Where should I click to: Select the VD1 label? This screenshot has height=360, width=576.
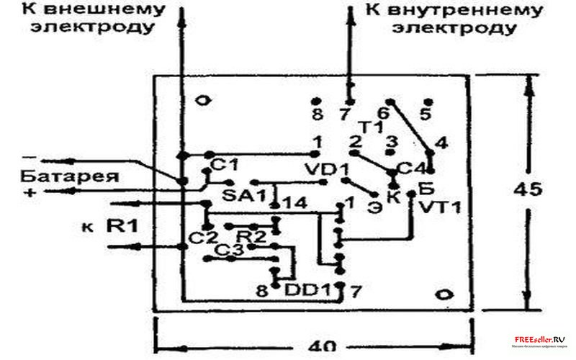point(328,171)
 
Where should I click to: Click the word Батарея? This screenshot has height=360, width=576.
point(59,176)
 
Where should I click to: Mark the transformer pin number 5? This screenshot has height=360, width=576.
point(426,114)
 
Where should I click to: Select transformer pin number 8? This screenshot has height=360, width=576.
point(316,114)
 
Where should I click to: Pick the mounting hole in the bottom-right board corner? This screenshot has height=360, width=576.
point(445,293)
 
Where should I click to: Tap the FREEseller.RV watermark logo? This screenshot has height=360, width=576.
point(540,341)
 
